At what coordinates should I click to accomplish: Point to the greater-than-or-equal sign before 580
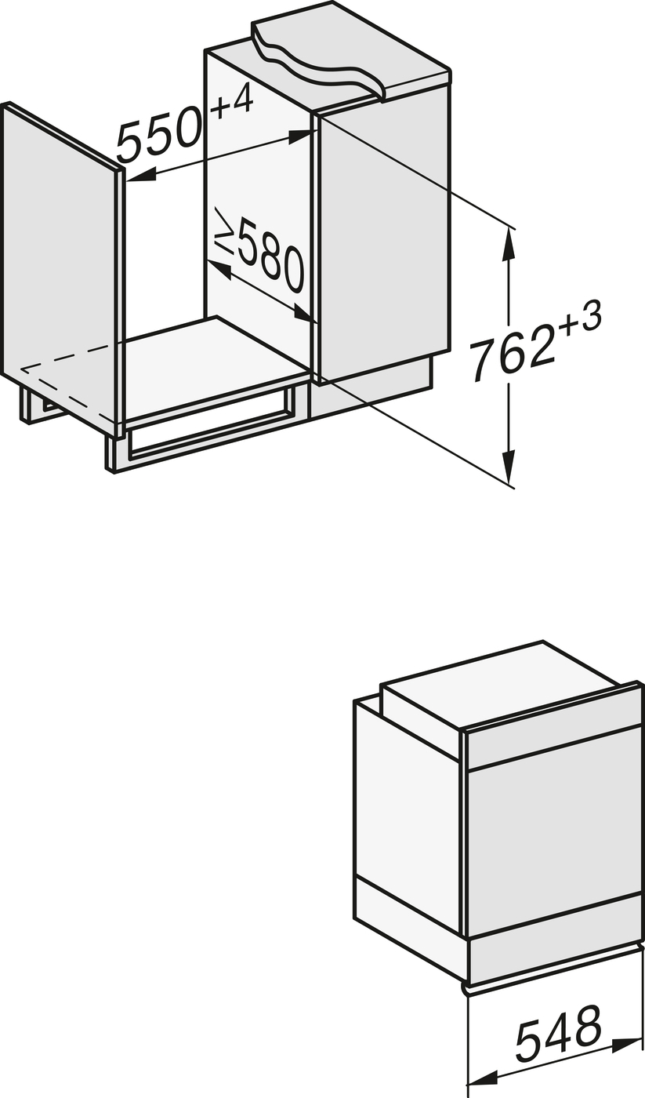224,231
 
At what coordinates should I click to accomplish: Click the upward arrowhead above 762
509,243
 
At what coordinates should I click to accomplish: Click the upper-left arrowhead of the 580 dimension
219,269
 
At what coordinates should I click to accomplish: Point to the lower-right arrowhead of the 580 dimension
304,314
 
